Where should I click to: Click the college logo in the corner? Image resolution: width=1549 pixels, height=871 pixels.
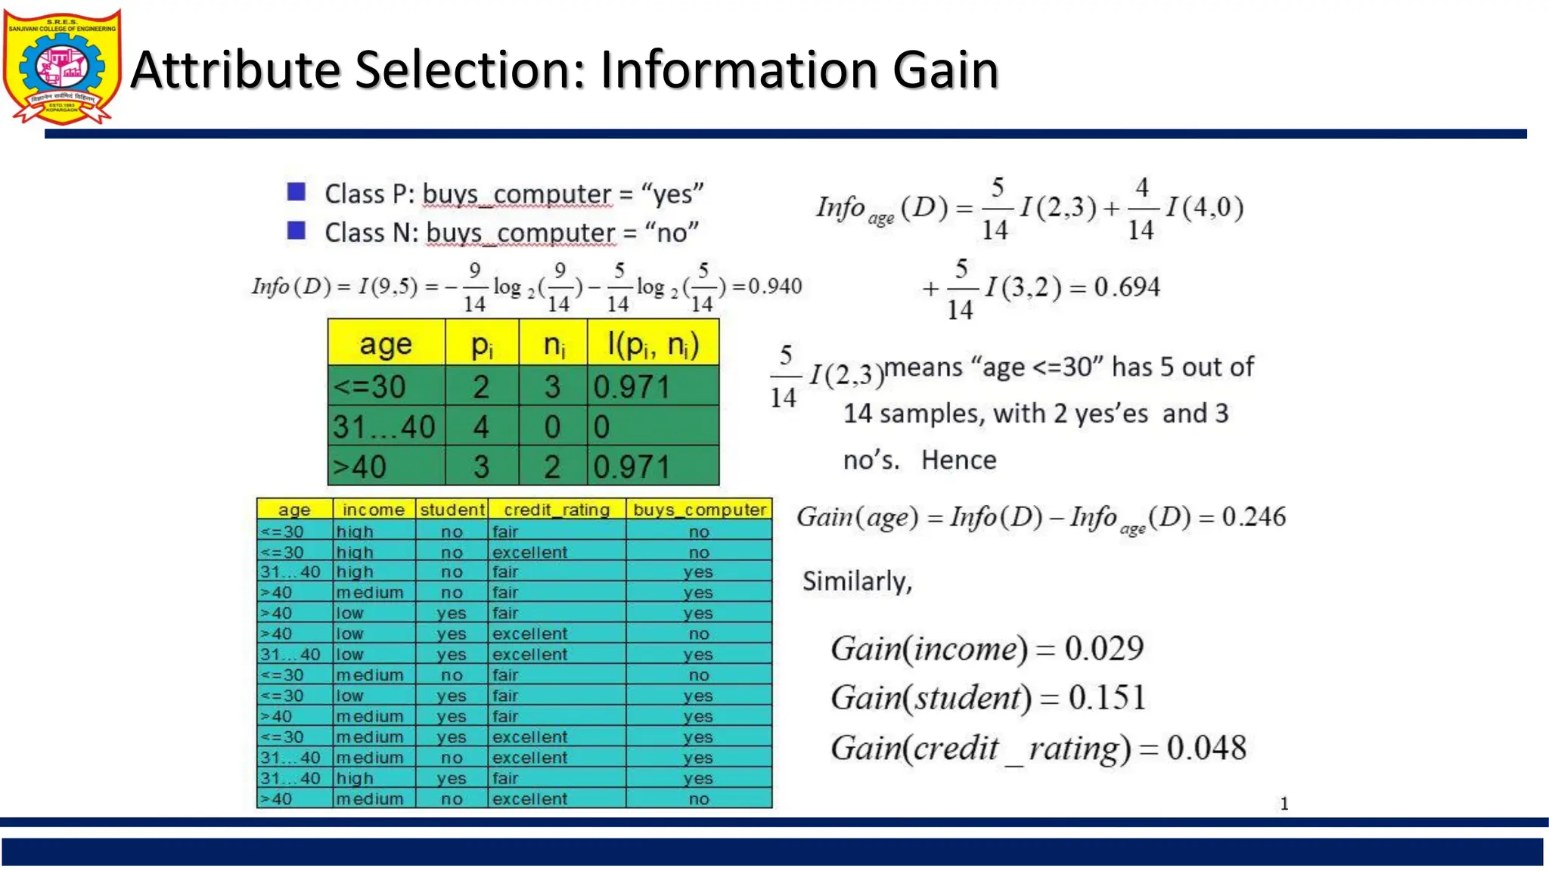[62, 67]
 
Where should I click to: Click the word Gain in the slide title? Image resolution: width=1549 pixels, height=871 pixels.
[945, 70]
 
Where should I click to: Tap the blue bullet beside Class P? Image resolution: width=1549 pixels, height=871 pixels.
[296, 192]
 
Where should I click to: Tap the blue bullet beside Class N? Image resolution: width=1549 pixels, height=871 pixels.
[296, 231]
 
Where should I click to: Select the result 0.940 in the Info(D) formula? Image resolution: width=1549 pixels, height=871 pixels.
[774, 287]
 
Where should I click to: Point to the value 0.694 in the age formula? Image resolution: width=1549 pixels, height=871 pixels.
[1127, 287]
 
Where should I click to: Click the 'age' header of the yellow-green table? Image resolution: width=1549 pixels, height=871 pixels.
[386, 345]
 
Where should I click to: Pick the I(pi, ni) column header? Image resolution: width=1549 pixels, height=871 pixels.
[653, 345]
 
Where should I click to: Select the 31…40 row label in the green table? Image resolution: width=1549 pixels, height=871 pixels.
[384, 427]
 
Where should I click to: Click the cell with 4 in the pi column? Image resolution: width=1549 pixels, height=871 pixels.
[481, 427]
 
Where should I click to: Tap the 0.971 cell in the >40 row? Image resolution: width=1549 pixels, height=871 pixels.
[632, 467]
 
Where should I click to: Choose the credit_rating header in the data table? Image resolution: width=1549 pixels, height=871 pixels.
[557, 510]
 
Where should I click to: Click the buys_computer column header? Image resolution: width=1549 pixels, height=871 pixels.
[700, 510]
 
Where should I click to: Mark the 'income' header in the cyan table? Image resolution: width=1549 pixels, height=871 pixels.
[374, 510]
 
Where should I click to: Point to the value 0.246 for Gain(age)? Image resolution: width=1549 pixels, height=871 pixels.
[1254, 517]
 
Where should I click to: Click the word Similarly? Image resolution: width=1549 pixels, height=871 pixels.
[857, 581]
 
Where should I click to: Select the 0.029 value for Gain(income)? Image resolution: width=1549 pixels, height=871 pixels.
[1104, 649]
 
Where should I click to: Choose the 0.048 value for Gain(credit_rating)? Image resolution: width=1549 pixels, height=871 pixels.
[1206, 749]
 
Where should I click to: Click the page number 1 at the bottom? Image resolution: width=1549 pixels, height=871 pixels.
[1284, 804]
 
